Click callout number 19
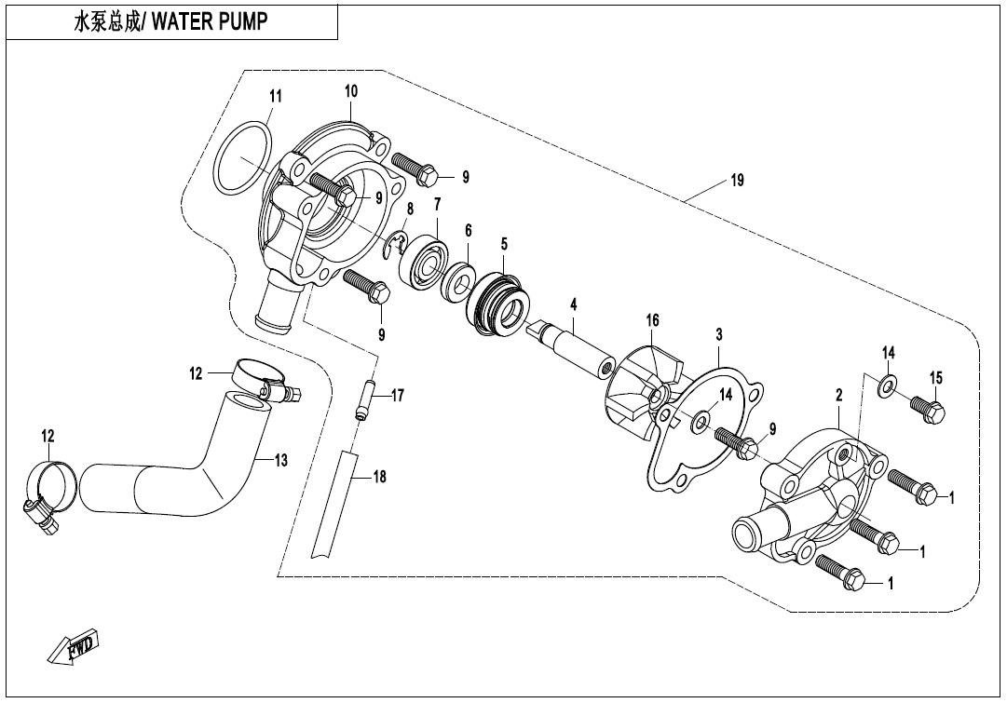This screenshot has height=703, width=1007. coord(737,182)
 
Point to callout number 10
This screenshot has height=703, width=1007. coord(351,91)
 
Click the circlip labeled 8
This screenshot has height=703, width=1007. coord(397,245)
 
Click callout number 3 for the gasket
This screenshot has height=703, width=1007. coord(719,333)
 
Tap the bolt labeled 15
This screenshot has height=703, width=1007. coord(929,407)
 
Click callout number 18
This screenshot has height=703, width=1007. coord(379,477)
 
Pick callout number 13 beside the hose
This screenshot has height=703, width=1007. coord(281,459)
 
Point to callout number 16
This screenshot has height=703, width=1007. coord(653,320)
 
